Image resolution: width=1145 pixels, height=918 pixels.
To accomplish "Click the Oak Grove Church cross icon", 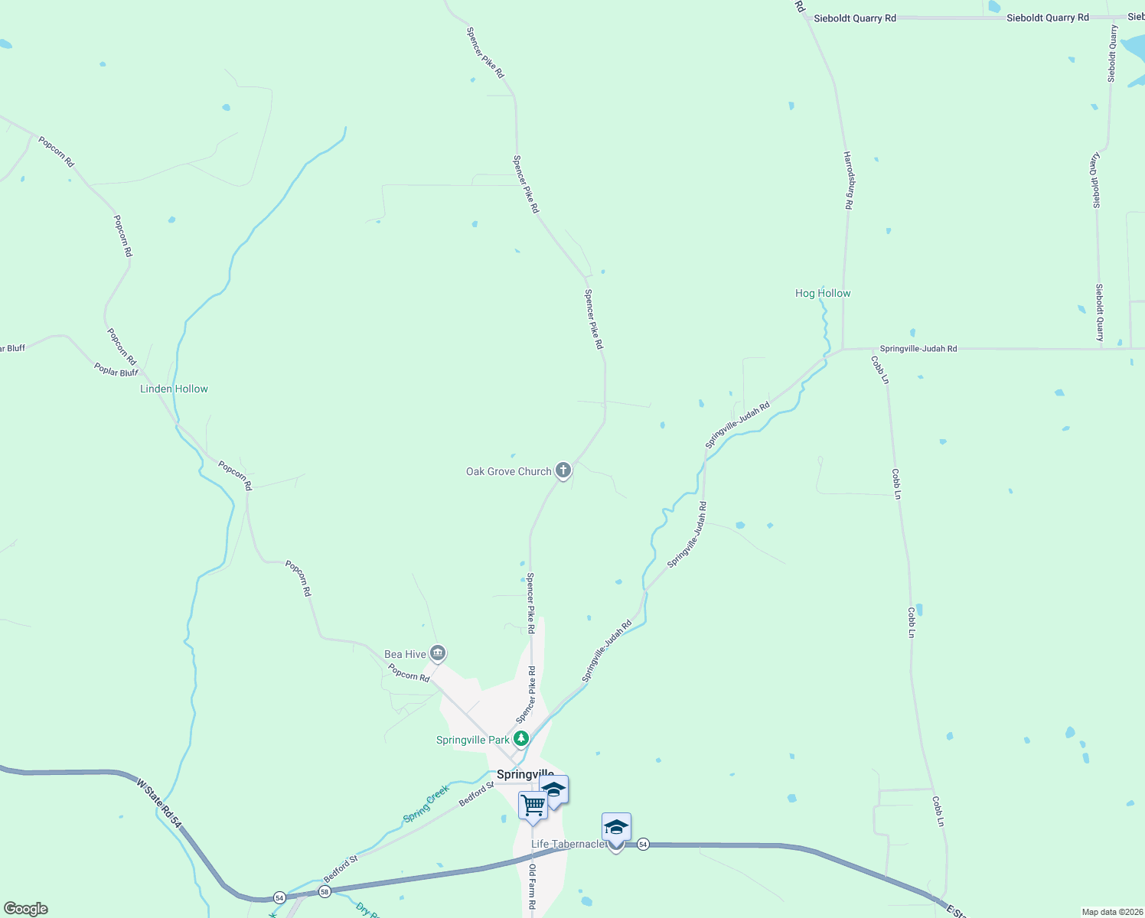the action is coord(563,470).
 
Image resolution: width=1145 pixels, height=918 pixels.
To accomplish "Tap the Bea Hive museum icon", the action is coord(438,653).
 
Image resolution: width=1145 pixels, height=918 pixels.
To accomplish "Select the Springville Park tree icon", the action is coord(521,738).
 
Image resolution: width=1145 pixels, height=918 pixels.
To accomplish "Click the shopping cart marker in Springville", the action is coord(533,805).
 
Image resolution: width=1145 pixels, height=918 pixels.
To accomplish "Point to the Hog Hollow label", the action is coord(823,293).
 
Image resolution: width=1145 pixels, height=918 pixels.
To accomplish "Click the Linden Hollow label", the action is coord(174,389).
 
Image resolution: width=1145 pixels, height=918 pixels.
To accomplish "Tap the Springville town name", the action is coord(525,774).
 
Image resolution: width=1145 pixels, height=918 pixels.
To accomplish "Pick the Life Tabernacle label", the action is coord(568,844).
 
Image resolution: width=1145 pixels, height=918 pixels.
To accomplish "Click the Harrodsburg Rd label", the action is coord(848,181).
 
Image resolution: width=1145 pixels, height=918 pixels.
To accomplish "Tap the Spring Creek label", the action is coord(426,804).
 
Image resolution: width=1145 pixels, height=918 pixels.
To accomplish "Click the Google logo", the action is coord(26,909).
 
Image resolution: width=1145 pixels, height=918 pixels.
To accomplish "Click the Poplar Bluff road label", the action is coord(116,371).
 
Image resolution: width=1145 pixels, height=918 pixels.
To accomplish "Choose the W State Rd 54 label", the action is coord(159,803).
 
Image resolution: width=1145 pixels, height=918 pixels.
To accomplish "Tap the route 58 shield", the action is coord(325,892).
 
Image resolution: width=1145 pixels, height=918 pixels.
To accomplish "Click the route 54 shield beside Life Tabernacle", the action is coord(643,844).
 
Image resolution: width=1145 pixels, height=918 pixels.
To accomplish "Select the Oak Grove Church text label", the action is coord(508,471).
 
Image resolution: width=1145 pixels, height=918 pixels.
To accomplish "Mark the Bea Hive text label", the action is coord(405,654).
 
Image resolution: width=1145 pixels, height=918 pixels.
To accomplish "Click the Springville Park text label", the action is coord(472,740).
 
